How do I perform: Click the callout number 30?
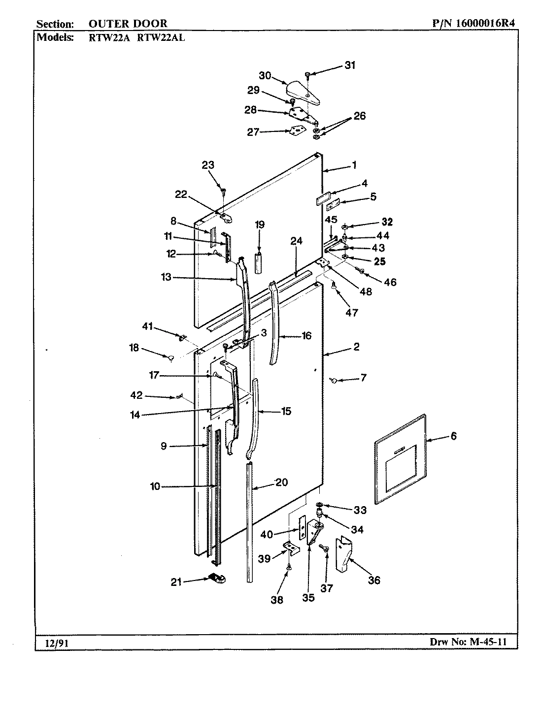pyautogui.click(x=265, y=75)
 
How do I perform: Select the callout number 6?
pyautogui.click(x=453, y=436)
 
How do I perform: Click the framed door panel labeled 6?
pyautogui.click(x=399, y=459)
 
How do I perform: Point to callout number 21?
pyautogui.click(x=176, y=582)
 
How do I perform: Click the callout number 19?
pyautogui.click(x=260, y=225)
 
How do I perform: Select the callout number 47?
pyautogui.click(x=352, y=312)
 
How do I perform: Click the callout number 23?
pyautogui.click(x=208, y=165)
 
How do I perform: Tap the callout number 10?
pyautogui.click(x=155, y=486)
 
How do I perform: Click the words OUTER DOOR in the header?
pyautogui.click(x=128, y=23)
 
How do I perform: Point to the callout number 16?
pyautogui.click(x=306, y=336)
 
